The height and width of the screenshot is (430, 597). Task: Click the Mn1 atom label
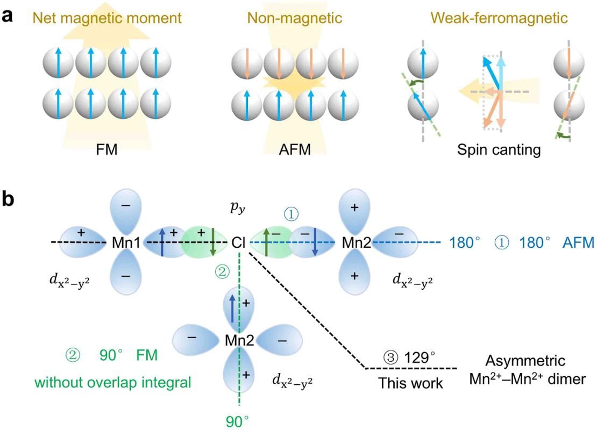pyautogui.click(x=126, y=243)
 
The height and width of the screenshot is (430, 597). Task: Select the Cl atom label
pyautogui.click(x=239, y=243)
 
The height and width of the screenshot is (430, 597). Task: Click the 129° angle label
pyautogui.click(x=411, y=357)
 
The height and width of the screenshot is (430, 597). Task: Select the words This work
pyautogui.click(x=410, y=383)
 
